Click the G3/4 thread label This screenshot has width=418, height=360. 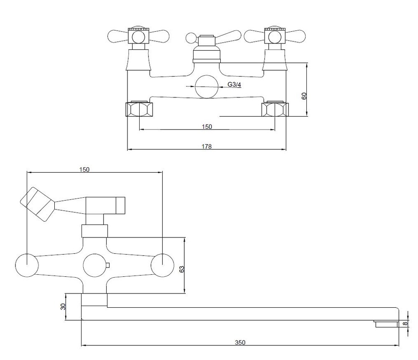point(234,85)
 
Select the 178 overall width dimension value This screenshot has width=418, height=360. point(206,146)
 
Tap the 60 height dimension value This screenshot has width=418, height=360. point(304,96)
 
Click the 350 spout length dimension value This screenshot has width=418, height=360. point(240,342)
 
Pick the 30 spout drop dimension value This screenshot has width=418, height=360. point(63,306)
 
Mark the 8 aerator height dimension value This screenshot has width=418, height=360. point(405,324)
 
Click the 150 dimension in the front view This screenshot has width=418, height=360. point(207,127)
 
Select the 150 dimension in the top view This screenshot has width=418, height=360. point(84,170)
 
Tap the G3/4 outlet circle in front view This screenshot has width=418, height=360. point(206,87)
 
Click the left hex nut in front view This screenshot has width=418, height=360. point(140,109)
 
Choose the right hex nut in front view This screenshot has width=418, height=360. point(275,109)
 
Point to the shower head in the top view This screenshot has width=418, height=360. point(37,204)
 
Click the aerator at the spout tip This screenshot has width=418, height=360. point(386,324)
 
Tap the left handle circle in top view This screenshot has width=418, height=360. point(27,265)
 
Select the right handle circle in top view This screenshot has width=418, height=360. point(162,265)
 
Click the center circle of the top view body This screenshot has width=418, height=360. point(94,265)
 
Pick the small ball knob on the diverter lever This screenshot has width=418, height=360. point(191,38)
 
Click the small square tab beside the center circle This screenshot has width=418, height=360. point(108,265)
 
